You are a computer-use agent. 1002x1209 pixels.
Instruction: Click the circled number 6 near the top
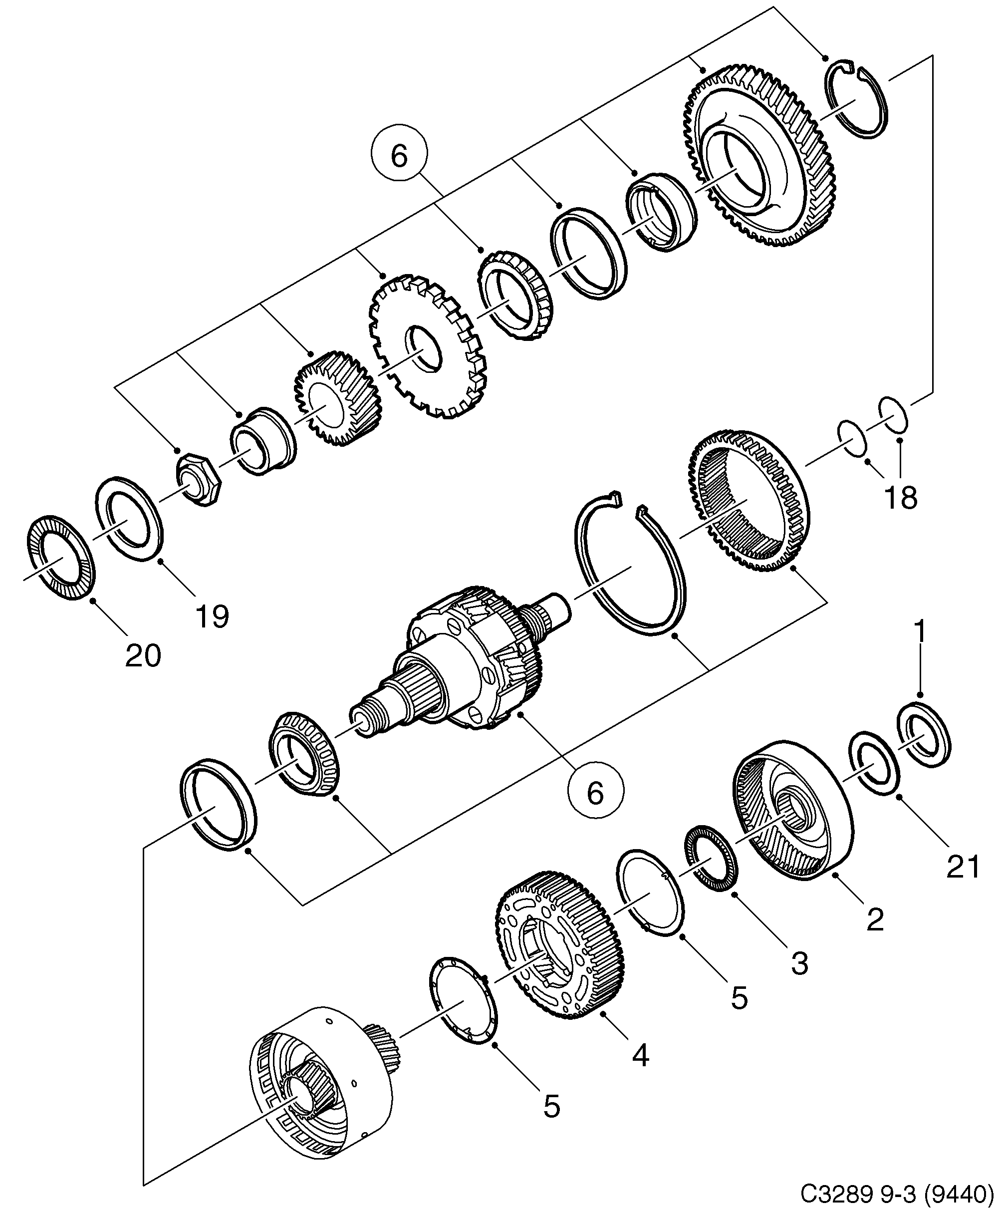[399, 157]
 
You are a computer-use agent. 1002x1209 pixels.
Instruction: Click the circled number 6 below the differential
[595, 793]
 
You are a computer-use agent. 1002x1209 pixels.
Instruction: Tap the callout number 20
[143, 656]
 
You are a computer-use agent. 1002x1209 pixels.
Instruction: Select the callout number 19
[212, 616]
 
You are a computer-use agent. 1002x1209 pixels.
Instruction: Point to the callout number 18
[901, 497]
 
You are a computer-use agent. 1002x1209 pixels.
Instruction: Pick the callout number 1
[920, 631]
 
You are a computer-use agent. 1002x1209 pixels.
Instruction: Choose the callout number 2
[874, 920]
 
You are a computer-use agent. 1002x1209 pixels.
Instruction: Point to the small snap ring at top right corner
[858, 99]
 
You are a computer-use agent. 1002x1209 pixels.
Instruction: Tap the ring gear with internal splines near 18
[748, 501]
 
